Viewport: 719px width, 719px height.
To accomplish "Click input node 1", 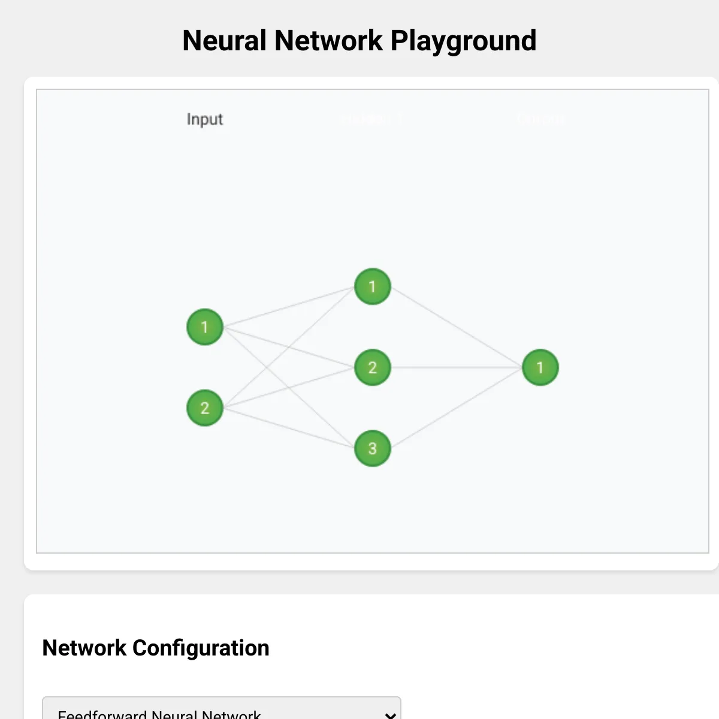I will [x=205, y=327].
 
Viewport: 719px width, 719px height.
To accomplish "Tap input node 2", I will [x=205, y=408].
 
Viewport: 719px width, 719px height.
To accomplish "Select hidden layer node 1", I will [x=372, y=286].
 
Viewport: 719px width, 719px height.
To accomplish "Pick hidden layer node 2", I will [x=372, y=367].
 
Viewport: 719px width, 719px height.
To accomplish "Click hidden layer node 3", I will [x=372, y=448].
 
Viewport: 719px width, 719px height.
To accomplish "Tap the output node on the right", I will [x=540, y=367].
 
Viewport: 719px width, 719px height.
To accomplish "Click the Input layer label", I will [x=205, y=119].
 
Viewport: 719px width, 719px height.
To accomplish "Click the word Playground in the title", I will [x=463, y=41].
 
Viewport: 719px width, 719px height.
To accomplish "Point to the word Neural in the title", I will [x=224, y=41].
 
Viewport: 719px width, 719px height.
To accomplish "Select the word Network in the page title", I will [x=328, y=41].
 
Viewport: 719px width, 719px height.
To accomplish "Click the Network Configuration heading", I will [x=156, y=648].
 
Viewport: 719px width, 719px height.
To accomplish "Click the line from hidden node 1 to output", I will [x=456, y=327].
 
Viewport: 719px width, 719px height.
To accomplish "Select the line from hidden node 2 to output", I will [x=456, y=367].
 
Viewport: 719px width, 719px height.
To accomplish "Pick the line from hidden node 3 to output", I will [x=456, y=408].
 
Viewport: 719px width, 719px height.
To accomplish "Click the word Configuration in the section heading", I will [x=201, y=648].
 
